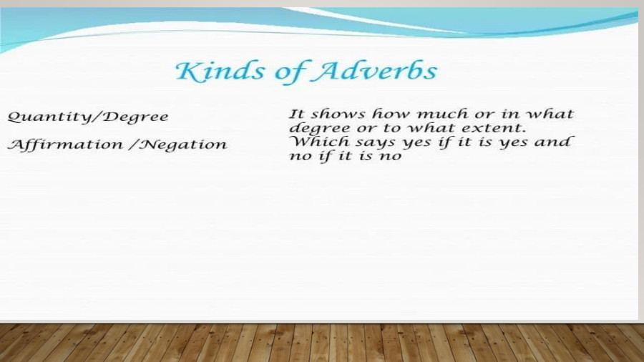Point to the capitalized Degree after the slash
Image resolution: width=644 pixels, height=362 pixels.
point(139,117)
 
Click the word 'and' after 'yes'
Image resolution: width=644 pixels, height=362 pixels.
point(557,141)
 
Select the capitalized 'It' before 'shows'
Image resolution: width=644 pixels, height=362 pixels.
point(296,114)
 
